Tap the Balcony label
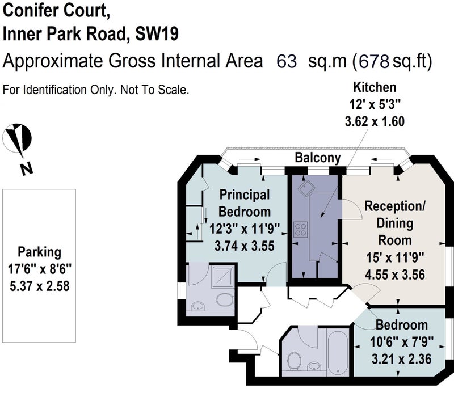point(318,158)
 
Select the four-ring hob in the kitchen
point(301,229)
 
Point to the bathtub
point(337,352)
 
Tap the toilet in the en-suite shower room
point(225,299)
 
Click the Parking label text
point(39,252)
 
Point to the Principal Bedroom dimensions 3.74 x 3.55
point(245,246)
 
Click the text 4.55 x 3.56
point(395,275)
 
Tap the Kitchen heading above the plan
point(375,87)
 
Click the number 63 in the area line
point(287,61)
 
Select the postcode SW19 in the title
point(157,34)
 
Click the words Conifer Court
point(56,11)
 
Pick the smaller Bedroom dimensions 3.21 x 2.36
point(401,359)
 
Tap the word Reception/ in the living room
point(395,206)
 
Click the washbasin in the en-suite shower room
point(198,306)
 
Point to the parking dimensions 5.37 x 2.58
point(39,286)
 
